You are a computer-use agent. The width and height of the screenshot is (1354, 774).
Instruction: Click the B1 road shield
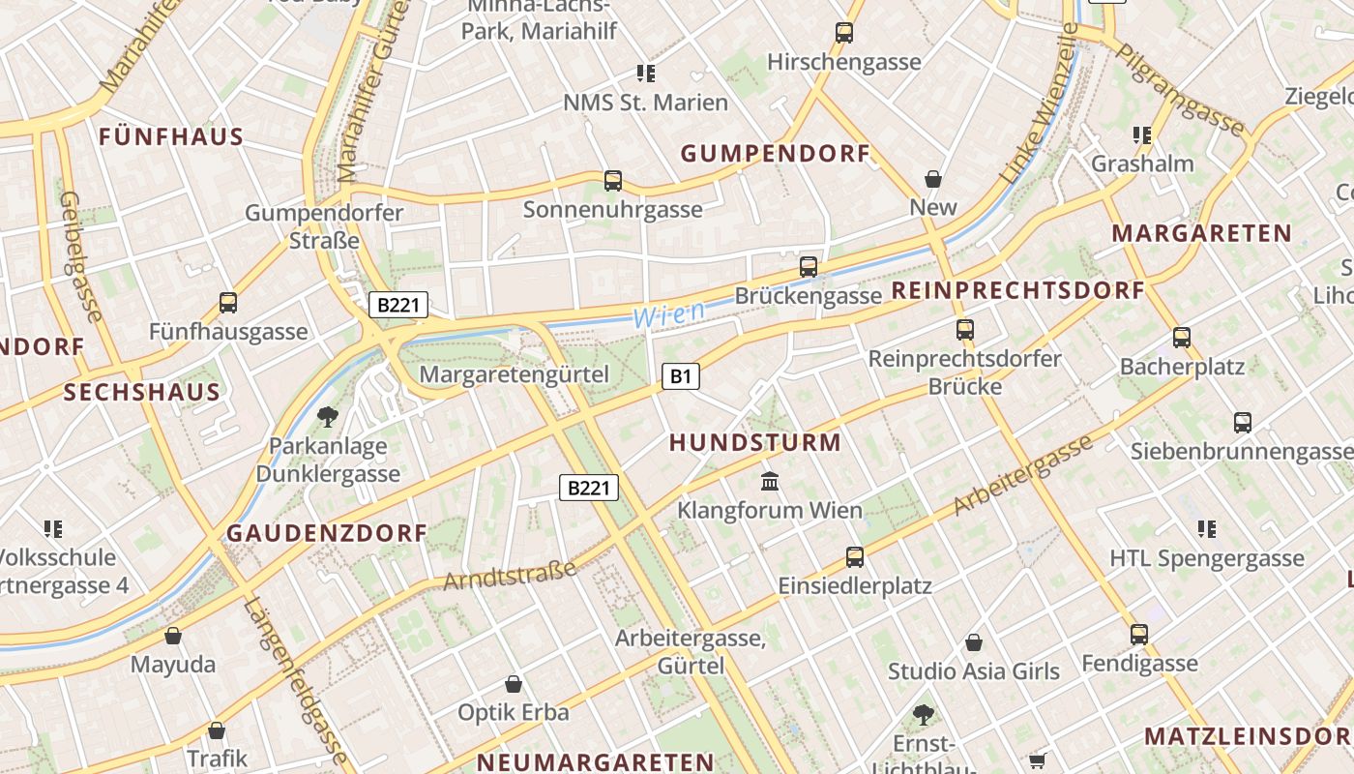[681, 375]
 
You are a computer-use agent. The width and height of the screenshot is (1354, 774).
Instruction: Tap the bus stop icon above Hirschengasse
[844, 33]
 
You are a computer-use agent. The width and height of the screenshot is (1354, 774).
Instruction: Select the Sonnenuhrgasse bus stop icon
[613, 180]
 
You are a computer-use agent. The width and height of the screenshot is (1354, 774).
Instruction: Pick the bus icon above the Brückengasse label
[809, 266]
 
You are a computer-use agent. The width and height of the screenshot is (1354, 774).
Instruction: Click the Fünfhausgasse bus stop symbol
[228, 303]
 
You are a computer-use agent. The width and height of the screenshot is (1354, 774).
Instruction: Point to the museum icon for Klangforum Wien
[770, 481]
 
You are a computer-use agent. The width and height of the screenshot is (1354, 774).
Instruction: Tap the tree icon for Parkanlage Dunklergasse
[328, 417]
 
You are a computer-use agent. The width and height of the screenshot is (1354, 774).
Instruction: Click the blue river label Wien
[668, 313]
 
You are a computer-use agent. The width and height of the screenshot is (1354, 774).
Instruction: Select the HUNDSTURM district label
[755, 443]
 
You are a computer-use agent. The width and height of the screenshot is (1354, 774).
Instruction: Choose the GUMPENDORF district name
[776, 154]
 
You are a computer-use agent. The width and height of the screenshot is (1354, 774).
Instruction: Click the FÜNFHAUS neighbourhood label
[171, 136]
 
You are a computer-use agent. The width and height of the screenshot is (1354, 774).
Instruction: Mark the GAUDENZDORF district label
[327, 533]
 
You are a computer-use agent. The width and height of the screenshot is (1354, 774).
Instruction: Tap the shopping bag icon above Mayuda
[173, 636]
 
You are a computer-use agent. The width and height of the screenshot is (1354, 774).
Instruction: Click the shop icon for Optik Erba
[514, 684]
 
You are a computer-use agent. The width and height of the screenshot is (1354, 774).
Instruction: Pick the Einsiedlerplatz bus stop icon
[855, 556]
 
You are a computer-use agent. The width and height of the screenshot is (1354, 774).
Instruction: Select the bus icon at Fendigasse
[1139, 635]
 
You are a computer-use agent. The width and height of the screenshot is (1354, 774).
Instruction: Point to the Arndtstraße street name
[511, 574]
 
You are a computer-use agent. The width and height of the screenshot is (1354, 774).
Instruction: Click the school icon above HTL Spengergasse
[1207, 529]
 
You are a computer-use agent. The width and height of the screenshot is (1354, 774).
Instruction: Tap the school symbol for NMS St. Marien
[645, 74]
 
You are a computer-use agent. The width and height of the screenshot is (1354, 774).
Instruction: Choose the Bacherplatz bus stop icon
[1182, 338]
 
